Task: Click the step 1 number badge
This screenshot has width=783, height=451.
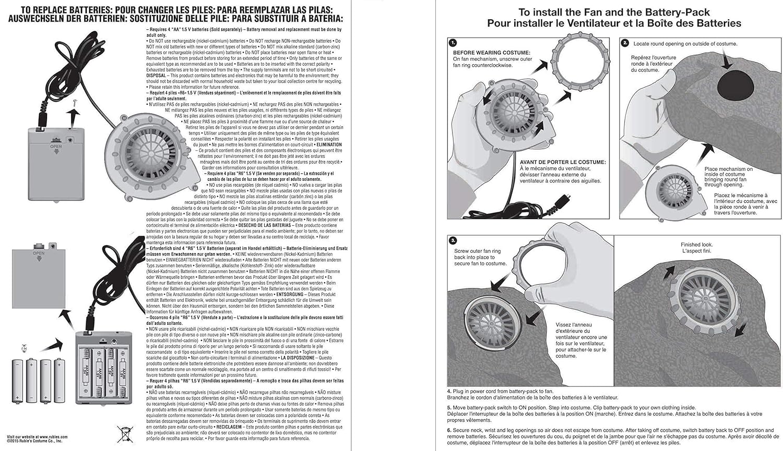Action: [x=453, y=43]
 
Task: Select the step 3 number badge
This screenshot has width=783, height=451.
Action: [x=453, y=240]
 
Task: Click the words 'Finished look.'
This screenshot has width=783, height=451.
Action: [x=696, y=245]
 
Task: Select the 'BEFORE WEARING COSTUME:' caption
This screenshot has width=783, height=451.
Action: [x=491, y=53]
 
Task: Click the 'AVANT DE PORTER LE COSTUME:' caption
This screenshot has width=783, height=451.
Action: [x=563, y=162]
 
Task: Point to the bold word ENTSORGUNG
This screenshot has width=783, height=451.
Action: [x=289, y=294]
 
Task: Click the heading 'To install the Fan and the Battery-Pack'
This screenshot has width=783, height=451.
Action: [x=614, y=13]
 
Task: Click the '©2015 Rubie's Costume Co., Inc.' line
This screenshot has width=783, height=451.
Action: [x=34, y=441]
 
